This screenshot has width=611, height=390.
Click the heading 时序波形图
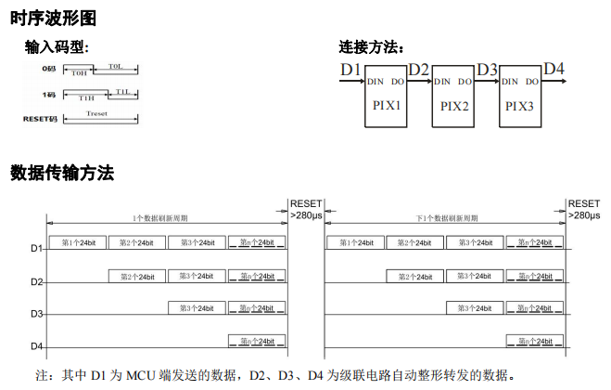[x=53, y=18]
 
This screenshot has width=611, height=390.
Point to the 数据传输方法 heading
[x=62, y=173]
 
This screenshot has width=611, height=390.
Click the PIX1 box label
[x=387, y=106]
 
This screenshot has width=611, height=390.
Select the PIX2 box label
[x=453, y=106]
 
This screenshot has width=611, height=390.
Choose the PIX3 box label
[x=520, y=106]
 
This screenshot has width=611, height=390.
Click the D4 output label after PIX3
[x=554, y=69]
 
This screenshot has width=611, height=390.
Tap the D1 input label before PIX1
[x=350, y=70]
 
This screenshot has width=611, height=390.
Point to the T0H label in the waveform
[x=80, y=72]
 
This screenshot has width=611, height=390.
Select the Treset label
[x=97, y=113]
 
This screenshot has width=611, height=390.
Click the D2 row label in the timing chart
[x=36, y=281]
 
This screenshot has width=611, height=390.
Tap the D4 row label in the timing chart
[x=36, y=347]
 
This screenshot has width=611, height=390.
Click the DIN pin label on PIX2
[x=442, y=82]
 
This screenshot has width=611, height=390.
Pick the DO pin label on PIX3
[x=531, y=82]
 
